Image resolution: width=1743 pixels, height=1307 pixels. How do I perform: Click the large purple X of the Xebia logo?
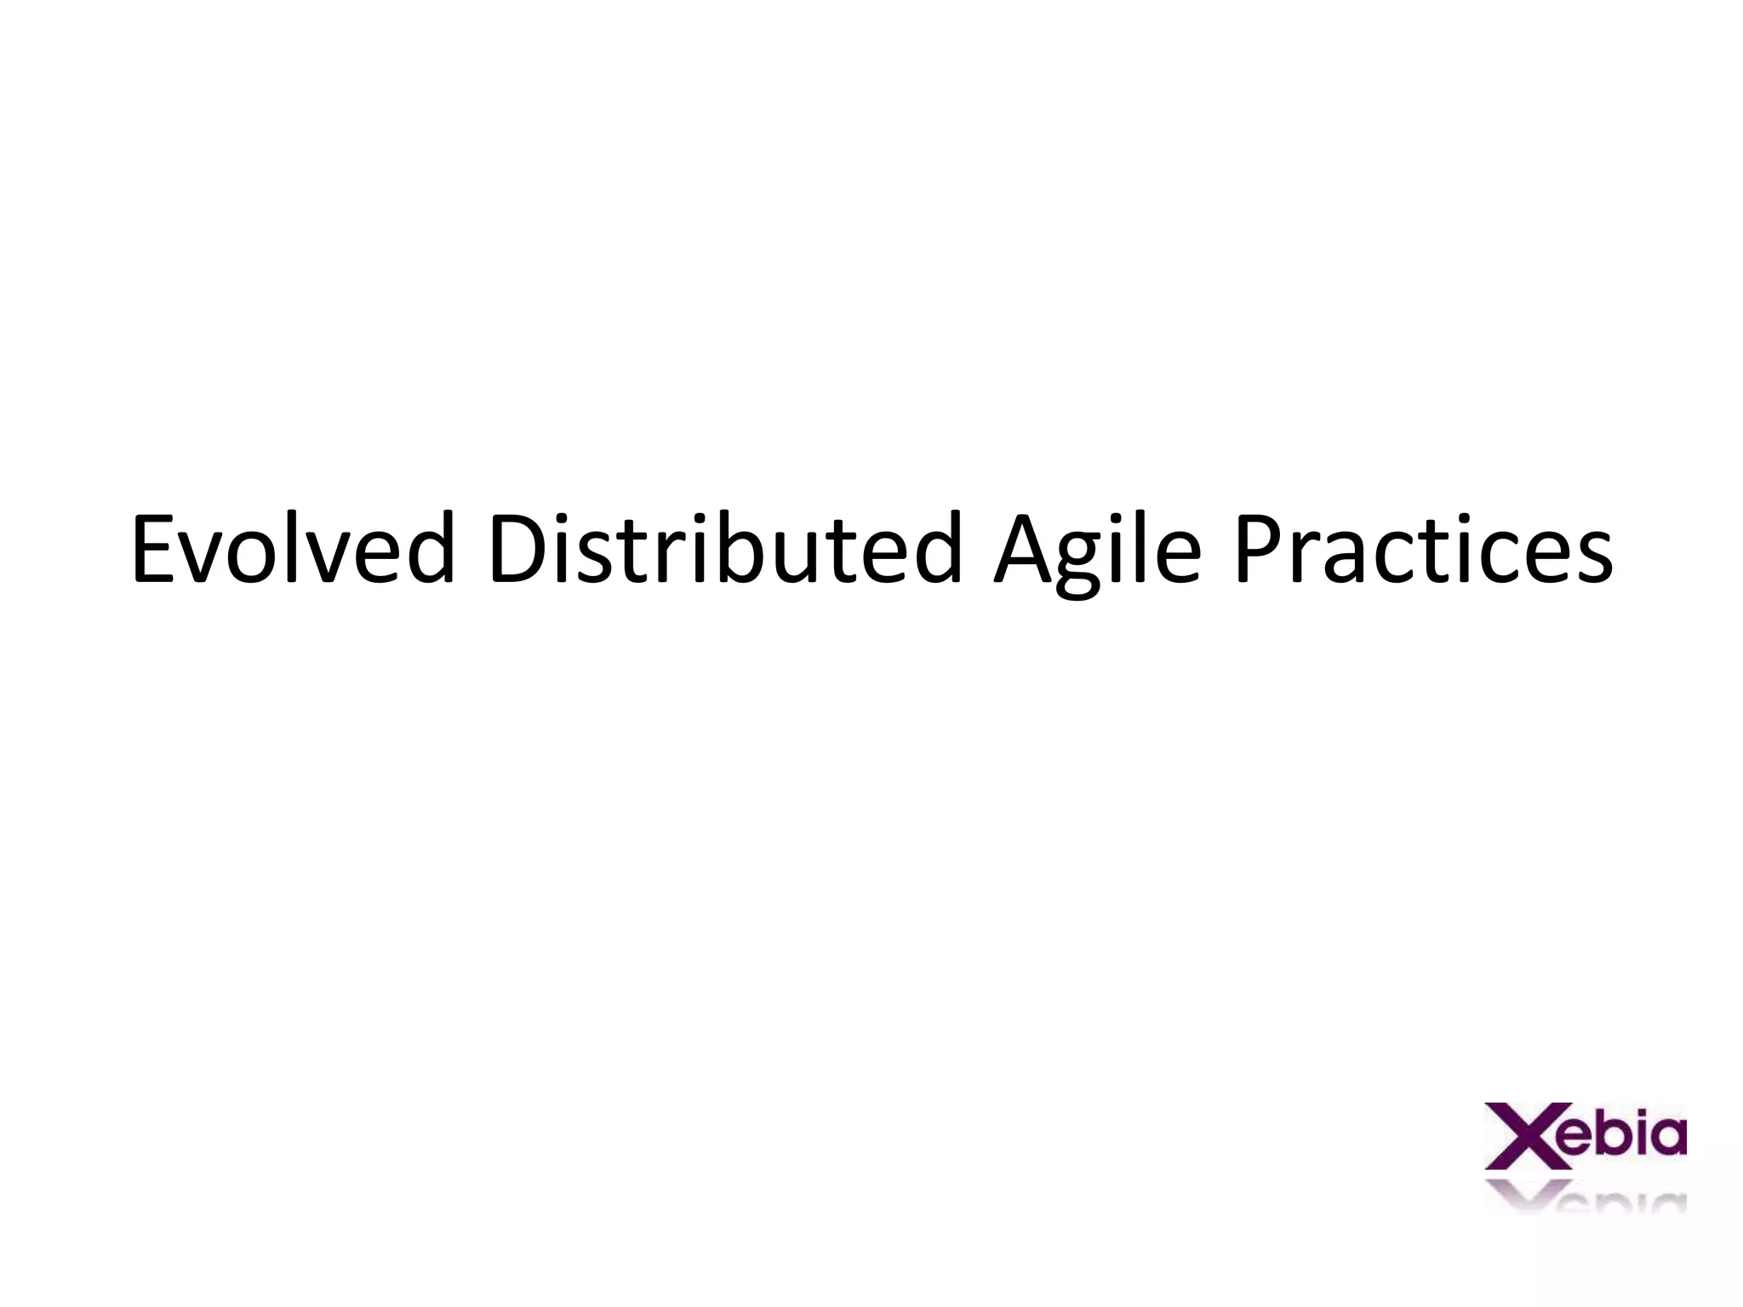(1519, 1136)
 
